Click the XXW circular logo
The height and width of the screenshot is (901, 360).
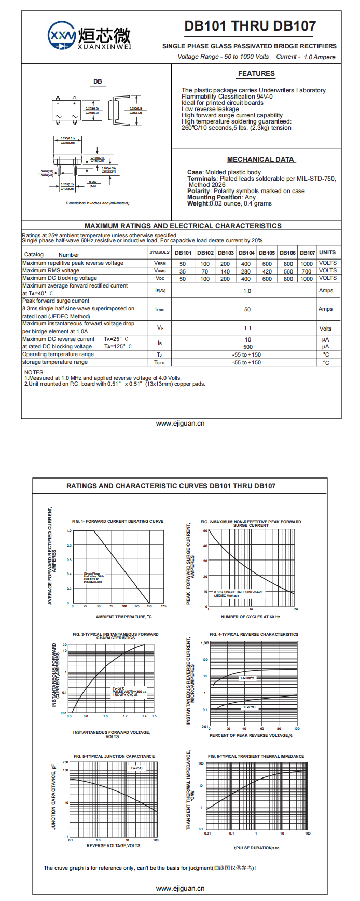tap(62, 36)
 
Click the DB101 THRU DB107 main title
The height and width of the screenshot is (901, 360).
tap(250, 26)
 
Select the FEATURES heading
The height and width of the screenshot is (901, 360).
tap(256, 74)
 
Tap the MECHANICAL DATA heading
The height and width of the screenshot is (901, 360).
tap(260, 160)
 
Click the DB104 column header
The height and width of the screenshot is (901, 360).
tap(246, 253)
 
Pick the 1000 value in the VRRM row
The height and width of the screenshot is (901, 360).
tap(307, 264)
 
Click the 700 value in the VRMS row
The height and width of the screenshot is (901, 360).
tap(307, 271)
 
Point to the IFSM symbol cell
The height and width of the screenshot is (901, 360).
tap(160, 309)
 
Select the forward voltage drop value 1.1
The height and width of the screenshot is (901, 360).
tap(247, 328)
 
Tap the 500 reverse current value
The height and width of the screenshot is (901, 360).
tap(248, 347)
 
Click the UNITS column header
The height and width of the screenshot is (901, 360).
tap(327, 252)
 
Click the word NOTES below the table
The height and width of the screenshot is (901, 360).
tap(34, 372)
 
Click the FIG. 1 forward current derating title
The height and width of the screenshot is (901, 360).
tap(118, 521)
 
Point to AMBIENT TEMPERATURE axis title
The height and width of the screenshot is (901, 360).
tap(123, 617)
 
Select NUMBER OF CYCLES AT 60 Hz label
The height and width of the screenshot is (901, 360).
tap(251, 617)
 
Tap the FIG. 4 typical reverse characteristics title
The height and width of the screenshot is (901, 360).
tap(254, 634)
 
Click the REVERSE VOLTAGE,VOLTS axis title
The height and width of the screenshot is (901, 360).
tap(113, 845)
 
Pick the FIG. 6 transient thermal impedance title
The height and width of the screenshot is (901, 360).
tap(256, 756)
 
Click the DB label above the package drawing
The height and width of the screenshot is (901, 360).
tap(98, 81)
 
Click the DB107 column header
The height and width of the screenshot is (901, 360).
tap(308, 253)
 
